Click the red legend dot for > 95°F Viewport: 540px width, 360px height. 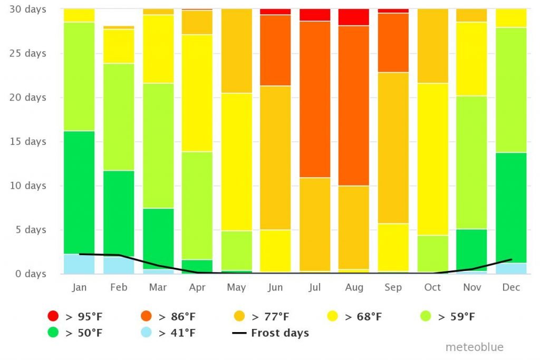53,317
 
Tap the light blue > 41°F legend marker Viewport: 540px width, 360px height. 53,333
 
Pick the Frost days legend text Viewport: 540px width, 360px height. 279,333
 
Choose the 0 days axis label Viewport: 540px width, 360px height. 31,274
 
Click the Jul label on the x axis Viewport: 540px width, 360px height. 314,287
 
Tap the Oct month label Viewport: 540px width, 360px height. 432,287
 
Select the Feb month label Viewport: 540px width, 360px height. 119,287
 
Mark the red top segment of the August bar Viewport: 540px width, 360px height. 354,17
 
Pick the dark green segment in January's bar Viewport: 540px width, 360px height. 79,192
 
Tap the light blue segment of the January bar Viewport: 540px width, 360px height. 79,264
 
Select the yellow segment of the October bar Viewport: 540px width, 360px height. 432,159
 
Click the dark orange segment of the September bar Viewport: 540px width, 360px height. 393,43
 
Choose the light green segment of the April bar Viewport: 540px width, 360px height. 197,206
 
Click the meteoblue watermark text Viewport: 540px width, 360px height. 474,347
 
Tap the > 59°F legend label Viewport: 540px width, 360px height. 456,317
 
